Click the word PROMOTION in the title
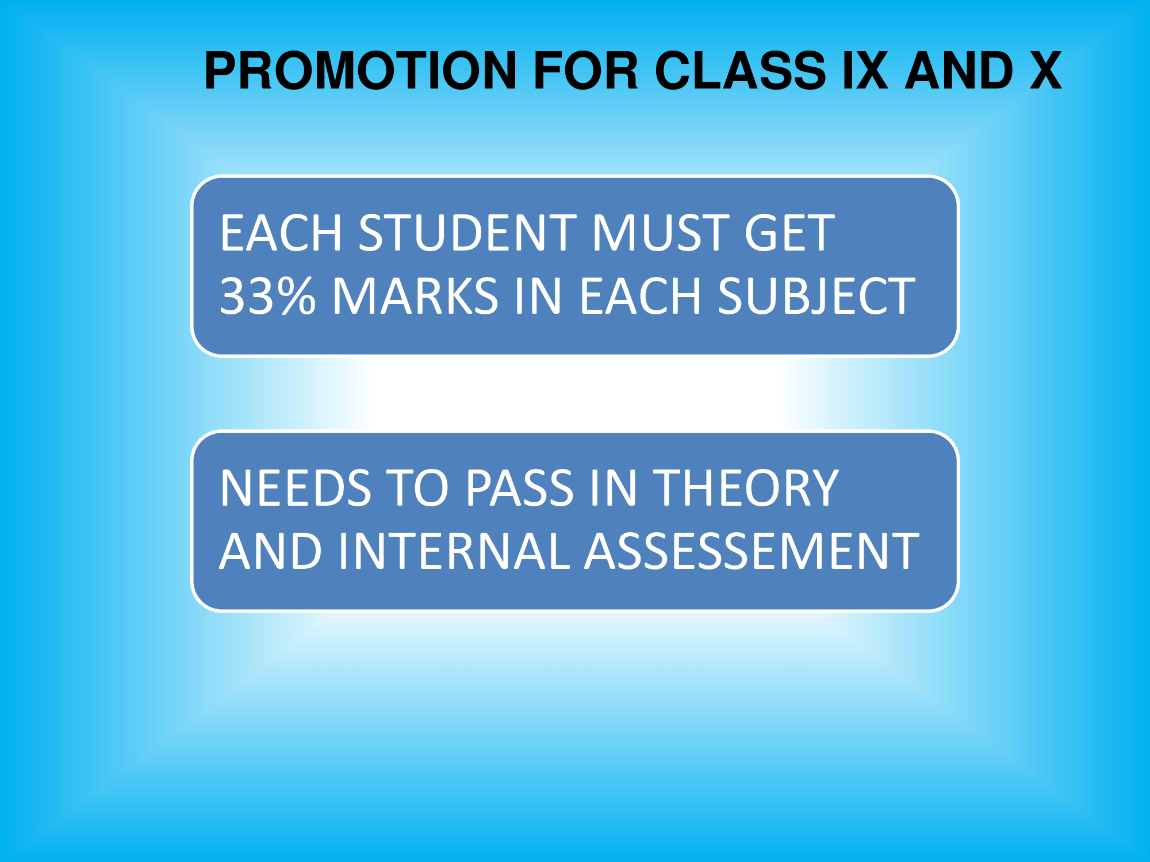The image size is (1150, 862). tap(361, 71)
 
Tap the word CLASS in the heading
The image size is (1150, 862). tap(740, 71)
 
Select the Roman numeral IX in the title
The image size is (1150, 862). tap(865, 71)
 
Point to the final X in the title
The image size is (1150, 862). tap(1045, 71)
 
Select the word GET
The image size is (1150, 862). tap(789, 233)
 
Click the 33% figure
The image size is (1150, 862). tap(267, 296)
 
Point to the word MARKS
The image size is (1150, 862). tap(415, 296)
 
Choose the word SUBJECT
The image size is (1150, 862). tap(816, 296)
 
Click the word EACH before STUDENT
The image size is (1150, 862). tap(281, 233)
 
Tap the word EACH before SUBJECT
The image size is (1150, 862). tap(640, 296)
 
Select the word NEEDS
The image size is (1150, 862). tap(295, 488)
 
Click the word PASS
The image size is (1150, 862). tap(519, 488)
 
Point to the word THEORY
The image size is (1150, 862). tap(746, 488)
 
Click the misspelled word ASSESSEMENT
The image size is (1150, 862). tap(752, 551)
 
